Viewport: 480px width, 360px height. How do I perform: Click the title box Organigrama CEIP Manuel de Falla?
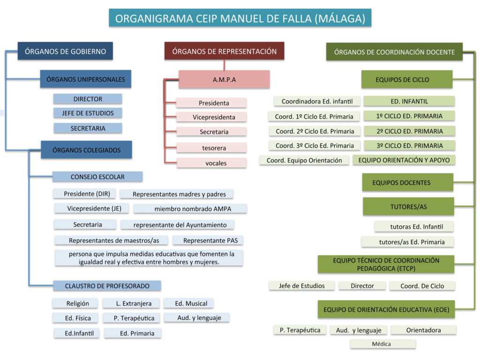pos(240,19)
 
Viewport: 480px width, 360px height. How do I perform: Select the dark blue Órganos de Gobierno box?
pos(65,51)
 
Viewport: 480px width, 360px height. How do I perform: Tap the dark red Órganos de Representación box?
pos(224,51)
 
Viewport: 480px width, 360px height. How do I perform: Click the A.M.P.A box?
pos(224,79)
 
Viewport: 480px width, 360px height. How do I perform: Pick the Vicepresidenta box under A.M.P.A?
pos(214,117)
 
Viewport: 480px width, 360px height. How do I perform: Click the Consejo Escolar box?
pos(97,177)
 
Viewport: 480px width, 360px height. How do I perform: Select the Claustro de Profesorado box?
pos(107,285)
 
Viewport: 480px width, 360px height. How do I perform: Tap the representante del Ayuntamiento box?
pos(180,225)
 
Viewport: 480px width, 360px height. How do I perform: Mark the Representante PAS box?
pos(207,240)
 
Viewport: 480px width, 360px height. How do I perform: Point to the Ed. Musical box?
pos(191,303)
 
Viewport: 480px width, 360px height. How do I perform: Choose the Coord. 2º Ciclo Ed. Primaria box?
pos(315,131)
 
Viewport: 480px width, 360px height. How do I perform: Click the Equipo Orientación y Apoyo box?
pos(404,160)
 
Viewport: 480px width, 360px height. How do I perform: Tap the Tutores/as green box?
pos(408,206)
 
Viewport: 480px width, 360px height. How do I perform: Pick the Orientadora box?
pos(423,330)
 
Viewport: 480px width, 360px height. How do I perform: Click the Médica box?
pos(381,344)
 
